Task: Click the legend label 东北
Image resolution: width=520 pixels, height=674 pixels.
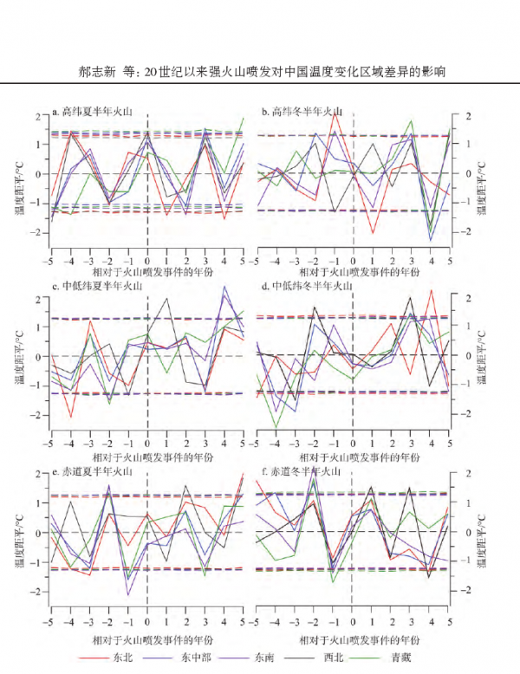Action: [125, 658]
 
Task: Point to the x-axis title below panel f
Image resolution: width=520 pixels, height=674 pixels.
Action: [353, 639]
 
